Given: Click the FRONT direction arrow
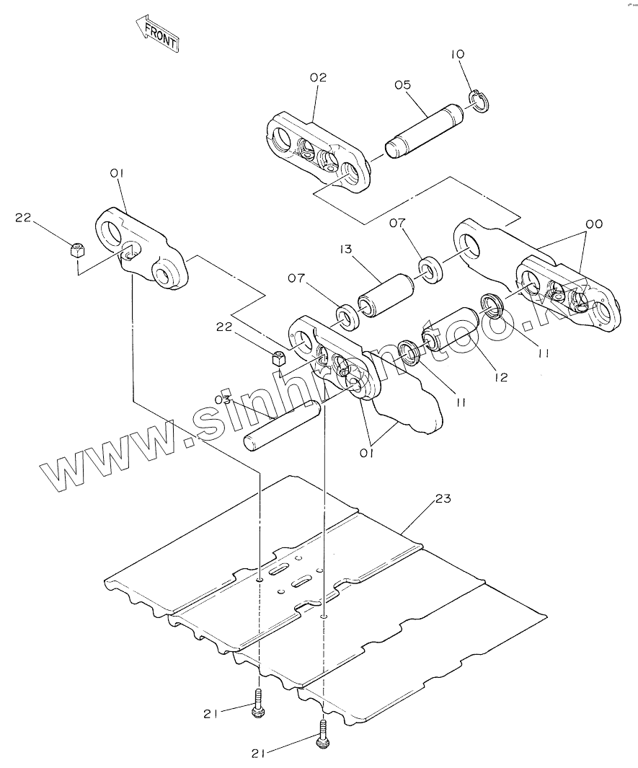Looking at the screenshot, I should (x=156, y=33).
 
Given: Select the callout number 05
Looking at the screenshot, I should (x=402, y=84).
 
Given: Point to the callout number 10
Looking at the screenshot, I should (x=458, y=54).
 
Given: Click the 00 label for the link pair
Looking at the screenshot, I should (x=593, y=224).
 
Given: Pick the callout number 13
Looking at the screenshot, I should (x=347, y=249).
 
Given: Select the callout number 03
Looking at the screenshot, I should (x=222, y=400).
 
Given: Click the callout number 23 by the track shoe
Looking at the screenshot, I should (x=443, y=498).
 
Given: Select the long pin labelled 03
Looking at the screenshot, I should (x=283, y=426).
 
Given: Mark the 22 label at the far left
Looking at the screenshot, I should (x=24, y=218).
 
